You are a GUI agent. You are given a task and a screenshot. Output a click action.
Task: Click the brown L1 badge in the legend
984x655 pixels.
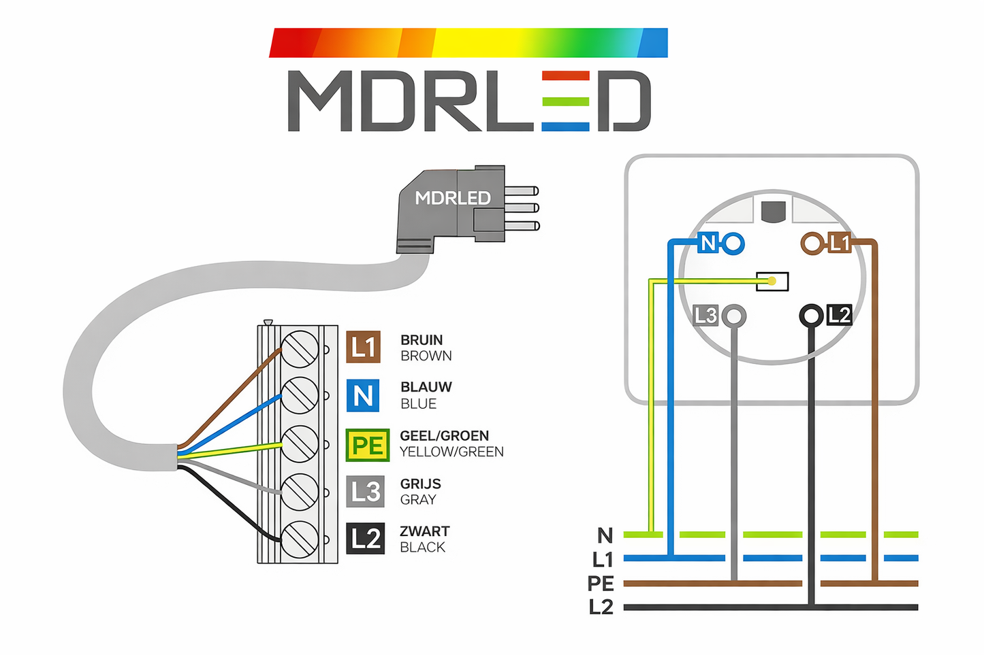click(363, 347)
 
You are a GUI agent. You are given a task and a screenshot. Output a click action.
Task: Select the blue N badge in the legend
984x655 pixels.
click(363, 395)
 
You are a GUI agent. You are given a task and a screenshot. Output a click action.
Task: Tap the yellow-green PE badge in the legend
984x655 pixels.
click(367, 446)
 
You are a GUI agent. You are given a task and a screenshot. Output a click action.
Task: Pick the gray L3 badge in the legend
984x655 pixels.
click(365, 491)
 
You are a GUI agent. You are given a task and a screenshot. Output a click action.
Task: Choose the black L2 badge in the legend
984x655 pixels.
click(365, 539)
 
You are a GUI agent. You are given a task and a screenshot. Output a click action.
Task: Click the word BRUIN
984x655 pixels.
click(422, 340)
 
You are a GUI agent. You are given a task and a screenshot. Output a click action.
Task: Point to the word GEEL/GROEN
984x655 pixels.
click(444, 436)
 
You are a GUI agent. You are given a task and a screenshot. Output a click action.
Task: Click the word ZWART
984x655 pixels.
click(424, 531)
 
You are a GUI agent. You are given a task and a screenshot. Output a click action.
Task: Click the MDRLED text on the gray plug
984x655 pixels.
click(453, 198)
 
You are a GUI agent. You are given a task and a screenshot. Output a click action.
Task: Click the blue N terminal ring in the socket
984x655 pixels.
click(733, 243)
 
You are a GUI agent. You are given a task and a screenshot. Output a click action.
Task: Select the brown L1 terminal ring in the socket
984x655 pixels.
click(812, 243)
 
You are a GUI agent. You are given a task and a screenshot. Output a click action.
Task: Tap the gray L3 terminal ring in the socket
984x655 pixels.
click(733, 316)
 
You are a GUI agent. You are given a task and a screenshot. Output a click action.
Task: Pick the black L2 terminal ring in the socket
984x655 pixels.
click(811, 316)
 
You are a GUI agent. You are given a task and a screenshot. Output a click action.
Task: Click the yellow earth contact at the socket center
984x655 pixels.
click(772, 281)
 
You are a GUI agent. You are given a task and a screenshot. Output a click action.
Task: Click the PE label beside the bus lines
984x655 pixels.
click(601, 584)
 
